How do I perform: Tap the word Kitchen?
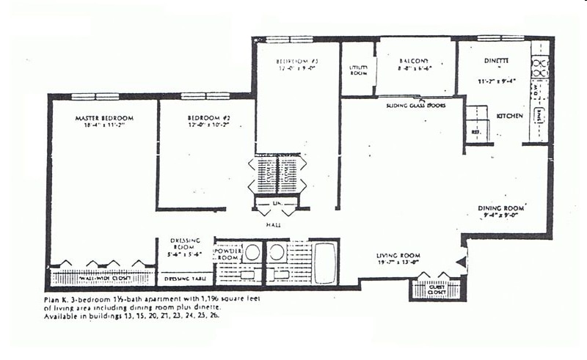click(x=510, y=116)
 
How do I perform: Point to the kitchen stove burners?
click(x=539, y=67)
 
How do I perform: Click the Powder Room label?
click(x=227, y=254)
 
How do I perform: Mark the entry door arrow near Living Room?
click(x=460, y=260)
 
